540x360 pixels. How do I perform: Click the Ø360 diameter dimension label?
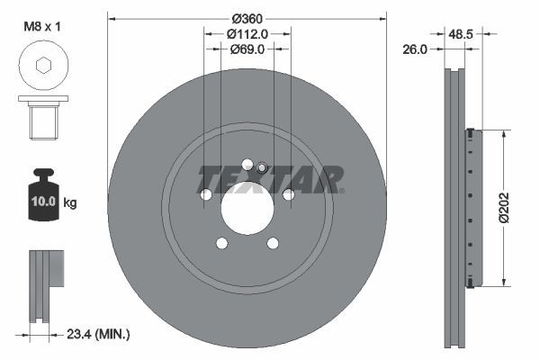[247, 19]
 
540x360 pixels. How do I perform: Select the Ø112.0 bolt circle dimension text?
[247, 34]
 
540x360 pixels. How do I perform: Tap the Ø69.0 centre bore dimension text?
[247, 49]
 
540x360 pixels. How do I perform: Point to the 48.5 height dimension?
[461, 34]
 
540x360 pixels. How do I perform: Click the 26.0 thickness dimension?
[415, 49]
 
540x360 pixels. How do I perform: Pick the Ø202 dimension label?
[503, 208]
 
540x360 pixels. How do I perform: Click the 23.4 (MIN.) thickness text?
[98, 334]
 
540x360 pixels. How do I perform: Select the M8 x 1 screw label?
[41, 27]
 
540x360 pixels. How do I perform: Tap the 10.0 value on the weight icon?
[43, 202]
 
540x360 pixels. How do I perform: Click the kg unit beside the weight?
[70, 202]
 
